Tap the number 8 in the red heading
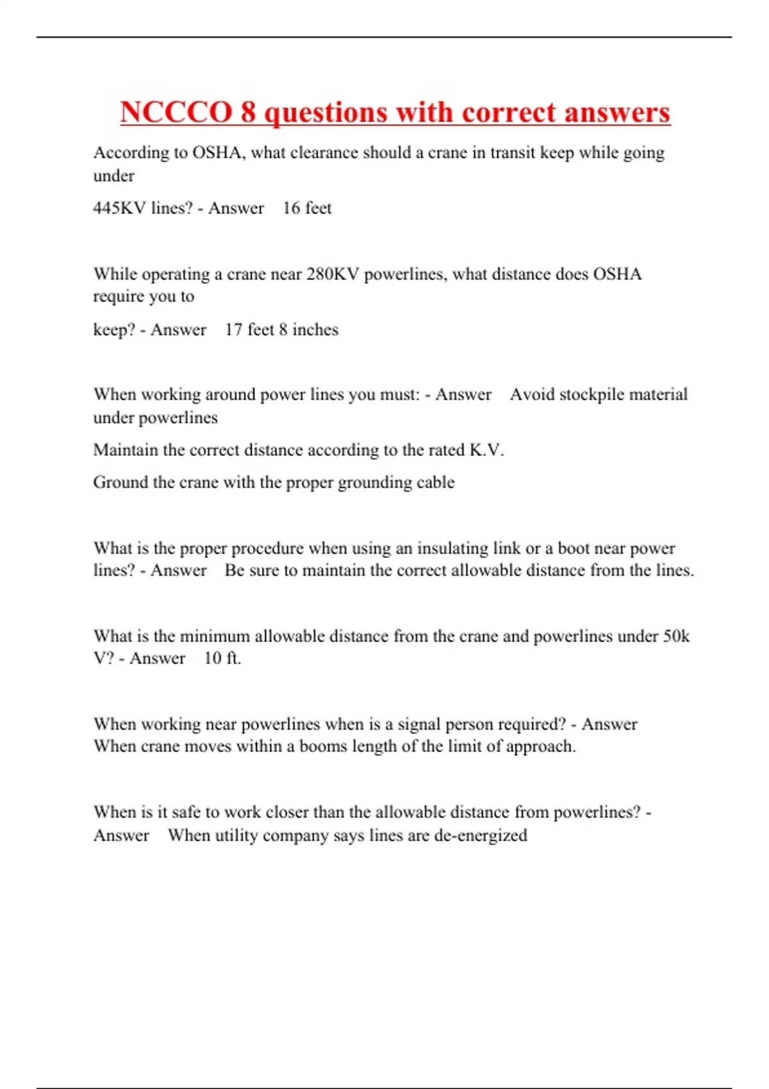(x=248, y=113)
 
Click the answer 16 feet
(x=307, y=208)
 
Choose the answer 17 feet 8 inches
(x=281, y=330)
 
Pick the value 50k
(x=676, y=636)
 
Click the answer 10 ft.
(x=222, y=659)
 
